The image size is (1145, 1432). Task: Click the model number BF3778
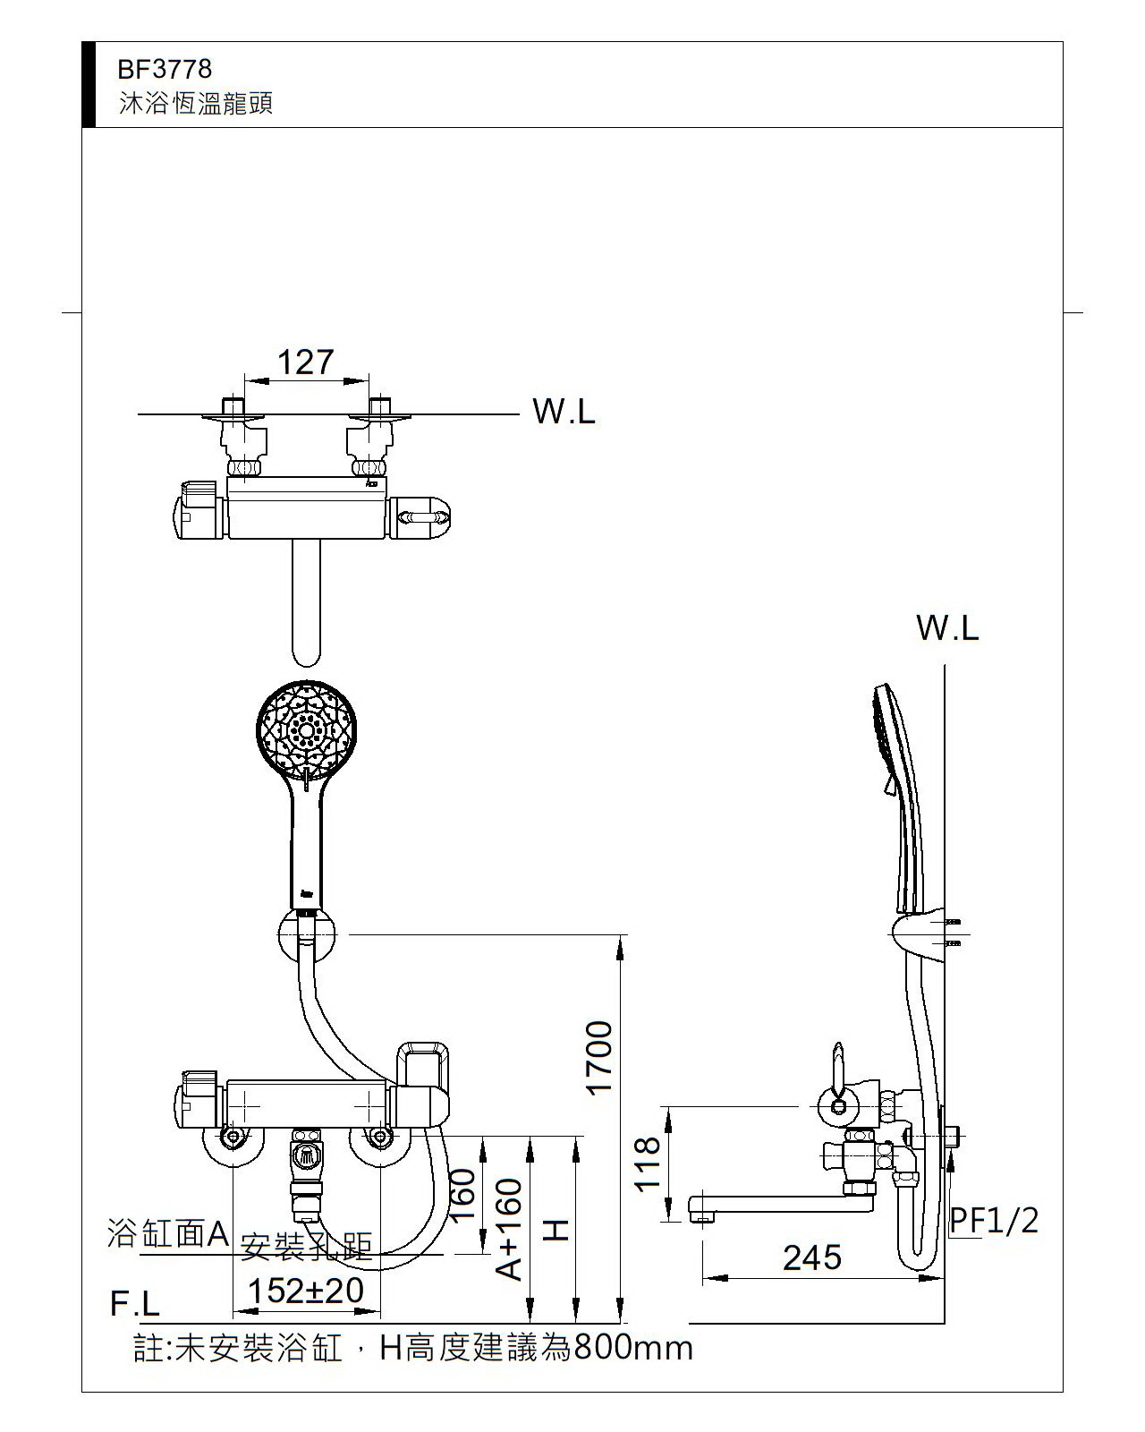point(165,69)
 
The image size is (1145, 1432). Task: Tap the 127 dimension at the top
point(305,362)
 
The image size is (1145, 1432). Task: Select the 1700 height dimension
point(598,1057)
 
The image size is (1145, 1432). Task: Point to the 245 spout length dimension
point(812,1257)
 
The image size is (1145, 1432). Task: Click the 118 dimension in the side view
point(648,1163)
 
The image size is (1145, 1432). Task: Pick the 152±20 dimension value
point(305,1291)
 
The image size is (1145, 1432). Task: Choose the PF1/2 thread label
point(994,1219)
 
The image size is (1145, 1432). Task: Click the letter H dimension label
point(556,1230)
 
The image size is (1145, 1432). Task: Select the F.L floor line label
point(134,1304)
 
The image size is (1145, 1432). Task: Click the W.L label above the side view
point(947,628)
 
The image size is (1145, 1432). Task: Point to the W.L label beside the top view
point(564,412)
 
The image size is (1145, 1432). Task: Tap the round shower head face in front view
point(306,729)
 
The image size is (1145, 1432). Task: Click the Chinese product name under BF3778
point(196,104)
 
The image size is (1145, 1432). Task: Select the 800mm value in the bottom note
point(633,1347)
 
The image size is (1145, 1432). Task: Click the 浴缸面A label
point(168,1233)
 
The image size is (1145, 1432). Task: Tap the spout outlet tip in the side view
point(702,1213)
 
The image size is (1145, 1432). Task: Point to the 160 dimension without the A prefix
point(462,1195)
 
